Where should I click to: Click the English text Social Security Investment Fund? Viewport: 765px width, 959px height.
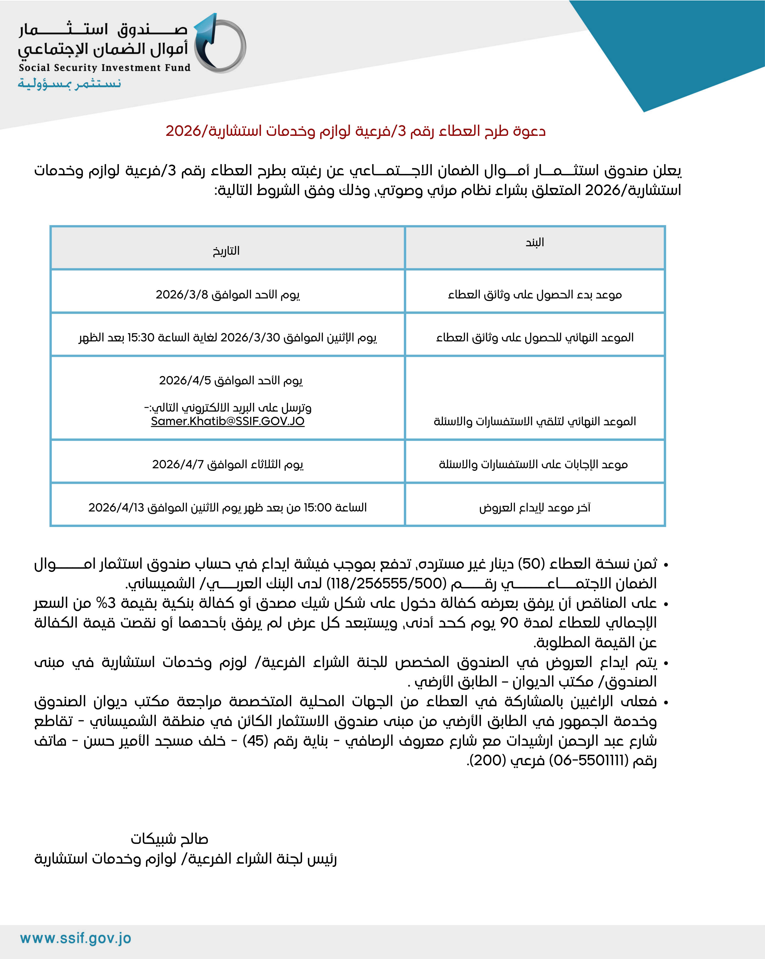pyautogui.click(x=105, y=68)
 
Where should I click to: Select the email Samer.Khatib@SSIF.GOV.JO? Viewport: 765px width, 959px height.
pyautogui.click(x=227, y=421)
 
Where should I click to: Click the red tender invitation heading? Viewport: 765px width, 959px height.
pyautogui.click(x=356, y=131)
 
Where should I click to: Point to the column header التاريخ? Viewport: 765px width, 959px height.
pyautogui.click(x=226, y=251)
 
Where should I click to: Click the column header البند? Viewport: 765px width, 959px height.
pyautogui.click(x=534, y=242)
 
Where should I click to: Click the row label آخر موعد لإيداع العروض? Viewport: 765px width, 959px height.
pyautogui.click(x=534, y=507)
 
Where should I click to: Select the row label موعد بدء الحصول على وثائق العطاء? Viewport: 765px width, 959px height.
pyautogui.click(x=534, y=294)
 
